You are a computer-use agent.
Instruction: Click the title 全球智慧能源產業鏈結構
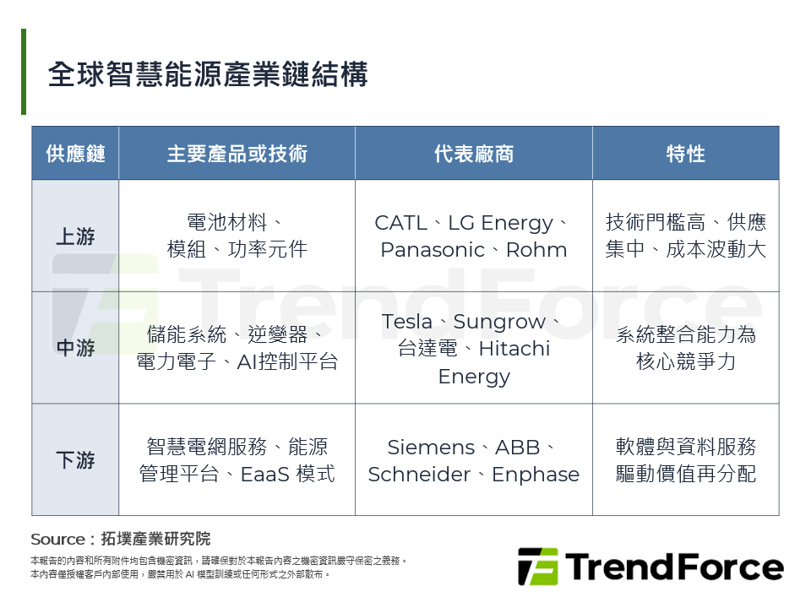[208, 74]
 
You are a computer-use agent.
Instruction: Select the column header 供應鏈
[75, 154]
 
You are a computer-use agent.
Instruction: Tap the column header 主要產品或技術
[237, 154]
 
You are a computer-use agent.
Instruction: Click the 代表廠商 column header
[474, 154]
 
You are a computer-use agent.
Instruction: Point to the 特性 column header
[686, 154]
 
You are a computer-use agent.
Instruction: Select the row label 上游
[75, 236]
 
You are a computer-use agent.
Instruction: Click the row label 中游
[75, 348]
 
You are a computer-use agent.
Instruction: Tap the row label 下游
[75, 459]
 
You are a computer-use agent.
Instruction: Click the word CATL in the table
[400, 223]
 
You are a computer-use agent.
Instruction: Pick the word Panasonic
[433, 250]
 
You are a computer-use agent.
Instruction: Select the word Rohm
[536, 250]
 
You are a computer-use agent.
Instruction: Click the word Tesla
[406, 322]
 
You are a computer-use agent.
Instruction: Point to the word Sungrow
[499, 323]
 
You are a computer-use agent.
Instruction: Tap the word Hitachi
[514, 349]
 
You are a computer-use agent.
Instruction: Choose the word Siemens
[431, 448]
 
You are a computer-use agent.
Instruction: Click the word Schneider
[420, 475]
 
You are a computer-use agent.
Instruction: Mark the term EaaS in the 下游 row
[264, 475]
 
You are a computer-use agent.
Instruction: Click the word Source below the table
[58, 540]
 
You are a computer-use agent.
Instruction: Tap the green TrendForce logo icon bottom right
[538, 567]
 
